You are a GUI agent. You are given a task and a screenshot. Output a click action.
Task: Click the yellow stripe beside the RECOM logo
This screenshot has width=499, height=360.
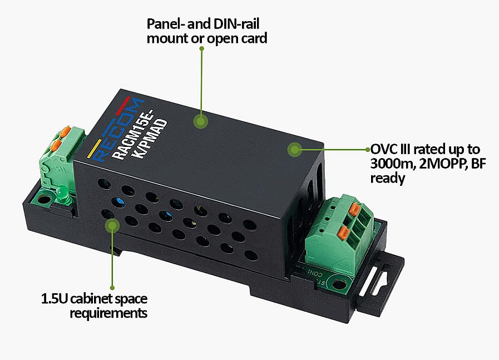(x=94, y=149)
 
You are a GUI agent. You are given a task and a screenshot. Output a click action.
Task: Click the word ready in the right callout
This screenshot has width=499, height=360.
(x=388, y=178)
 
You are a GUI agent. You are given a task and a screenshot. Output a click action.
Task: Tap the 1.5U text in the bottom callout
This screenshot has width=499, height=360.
(x=54, y=299)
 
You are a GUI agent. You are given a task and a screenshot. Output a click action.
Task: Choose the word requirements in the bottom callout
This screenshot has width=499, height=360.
(x=108, y=313)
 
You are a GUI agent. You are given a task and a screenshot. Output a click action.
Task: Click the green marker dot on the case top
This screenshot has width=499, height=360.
(x=200, y=121)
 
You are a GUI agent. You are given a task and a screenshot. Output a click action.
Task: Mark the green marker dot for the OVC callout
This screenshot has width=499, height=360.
(x=294, y=149)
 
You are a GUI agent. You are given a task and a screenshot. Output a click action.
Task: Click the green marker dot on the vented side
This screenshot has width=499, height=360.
(x=112, y=226)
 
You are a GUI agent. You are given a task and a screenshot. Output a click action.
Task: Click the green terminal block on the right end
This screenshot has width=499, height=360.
(x=339, y=234)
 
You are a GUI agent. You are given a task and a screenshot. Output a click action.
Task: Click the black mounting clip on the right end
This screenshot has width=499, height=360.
(x=381, y=283)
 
